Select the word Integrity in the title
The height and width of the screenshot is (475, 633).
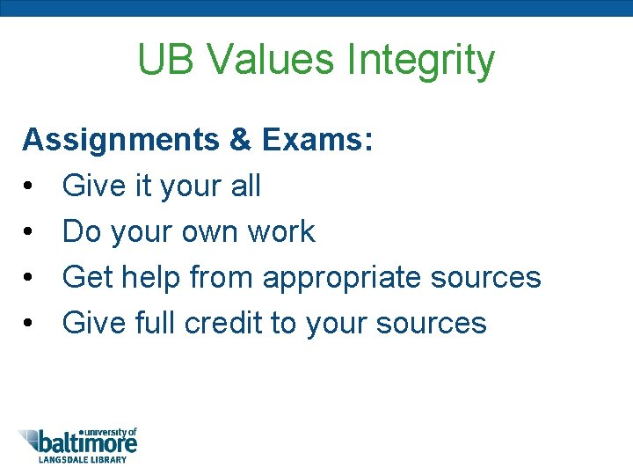[x=421, y=60]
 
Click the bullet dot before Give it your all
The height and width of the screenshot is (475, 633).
[x=29, y=186]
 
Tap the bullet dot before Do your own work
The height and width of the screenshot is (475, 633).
[x=29, y=232]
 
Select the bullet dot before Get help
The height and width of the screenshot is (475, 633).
[x=29, y=278]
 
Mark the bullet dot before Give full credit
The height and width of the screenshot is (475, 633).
[x=29, y=324]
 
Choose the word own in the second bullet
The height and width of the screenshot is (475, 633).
[x=209, y=232]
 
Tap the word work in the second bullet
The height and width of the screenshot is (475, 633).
[x=280, y=231]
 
